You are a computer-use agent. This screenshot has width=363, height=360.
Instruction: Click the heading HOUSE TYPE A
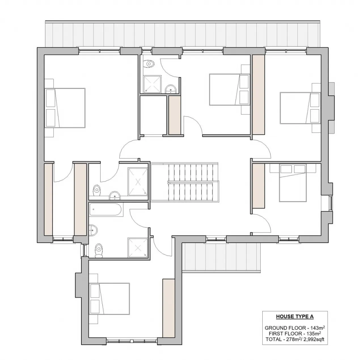pyautogui.click(x=295, y=316)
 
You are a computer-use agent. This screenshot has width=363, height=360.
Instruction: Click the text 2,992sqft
pyautogui.click(x=314, y=339)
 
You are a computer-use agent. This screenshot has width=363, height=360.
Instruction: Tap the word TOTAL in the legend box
pyautogui.click(x=274, y=339)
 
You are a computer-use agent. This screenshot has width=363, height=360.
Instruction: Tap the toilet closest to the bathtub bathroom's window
pyautogui.click(x=99, y=250)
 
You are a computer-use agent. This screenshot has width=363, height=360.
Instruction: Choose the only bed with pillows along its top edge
pyautogui.click(x=293, y=183)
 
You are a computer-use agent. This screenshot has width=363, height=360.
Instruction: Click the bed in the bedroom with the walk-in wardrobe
pyautogui.click(x=65, y=108)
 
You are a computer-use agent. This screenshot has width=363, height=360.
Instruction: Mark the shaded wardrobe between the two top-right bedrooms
pyautogui.click(x=258, y=94)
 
